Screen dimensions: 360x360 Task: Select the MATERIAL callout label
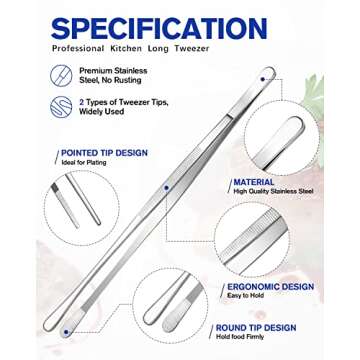pyautogui.click(x=253, y=183)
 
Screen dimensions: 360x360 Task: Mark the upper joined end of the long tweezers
pyautogui.click(x=268, y=72)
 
